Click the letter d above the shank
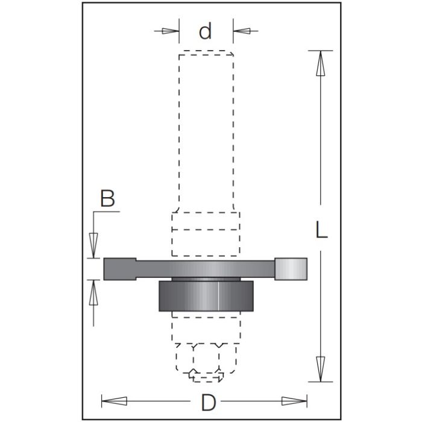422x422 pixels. [206, 31]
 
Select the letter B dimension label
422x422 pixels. [107, 200]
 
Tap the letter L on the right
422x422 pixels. [322, 230]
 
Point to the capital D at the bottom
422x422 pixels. [208, 402]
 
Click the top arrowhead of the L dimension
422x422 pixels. [320, 63]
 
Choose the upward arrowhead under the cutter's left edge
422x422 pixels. [93, 294]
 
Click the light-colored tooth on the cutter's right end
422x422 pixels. [291, 268]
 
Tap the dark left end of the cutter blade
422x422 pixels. [119, 269]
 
